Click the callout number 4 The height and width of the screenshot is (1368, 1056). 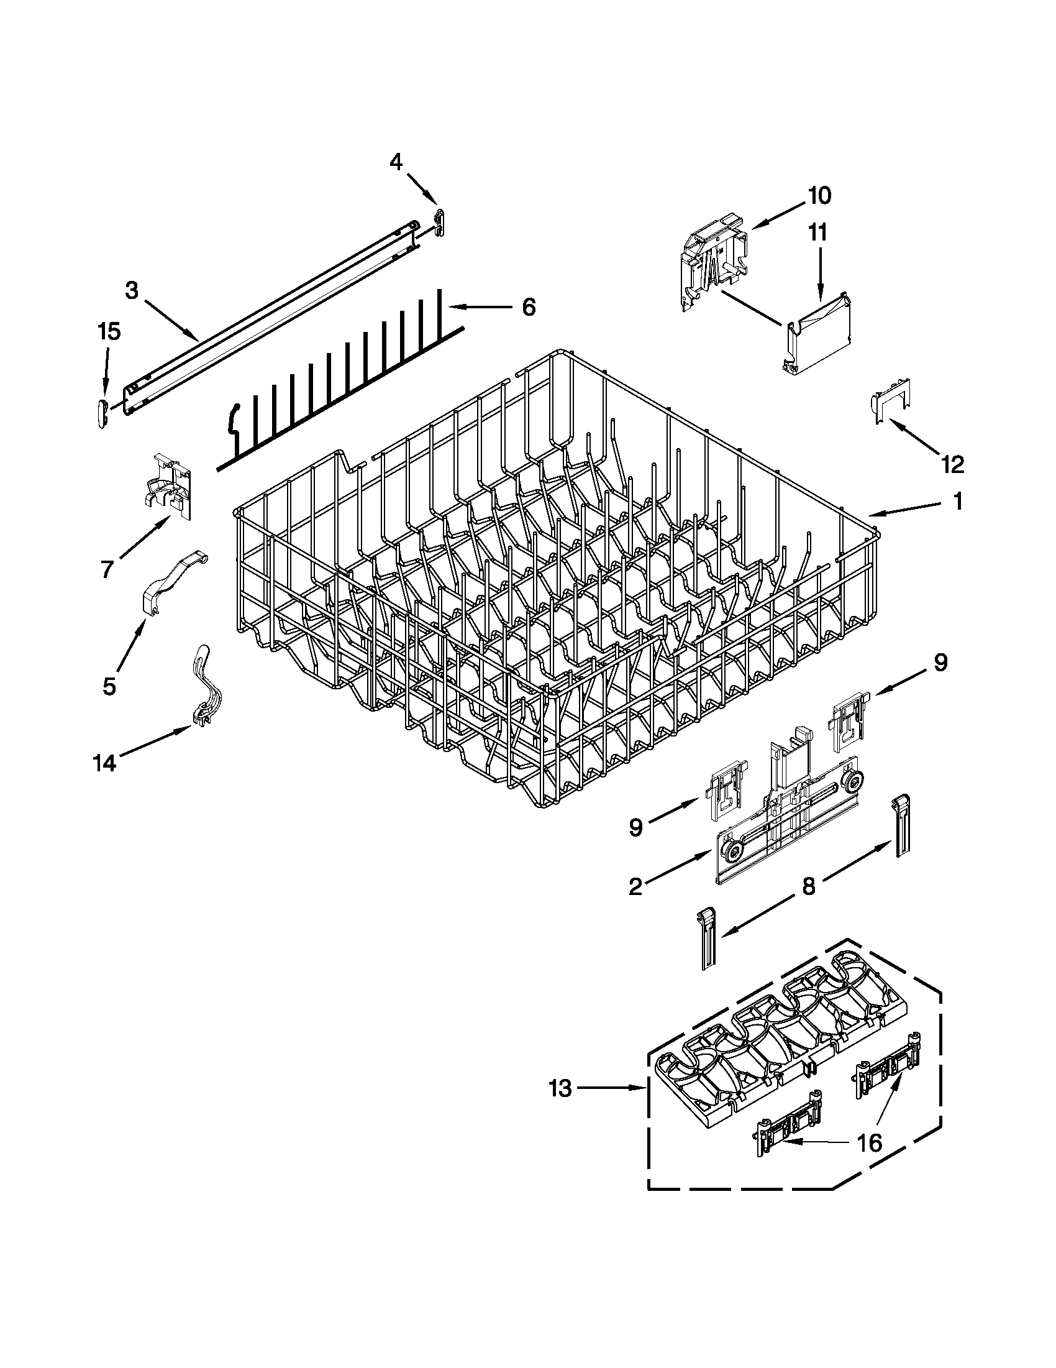click(396, 162)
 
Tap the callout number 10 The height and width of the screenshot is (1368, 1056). click(819, 195)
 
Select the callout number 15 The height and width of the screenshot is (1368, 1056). click(109, 332)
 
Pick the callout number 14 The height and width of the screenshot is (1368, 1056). click(104, 763)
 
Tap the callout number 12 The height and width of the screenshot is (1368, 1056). click(952, 464)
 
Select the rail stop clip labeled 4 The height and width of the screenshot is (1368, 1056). click(440, 223)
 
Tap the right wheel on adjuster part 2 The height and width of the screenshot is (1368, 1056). click(852, 783)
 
